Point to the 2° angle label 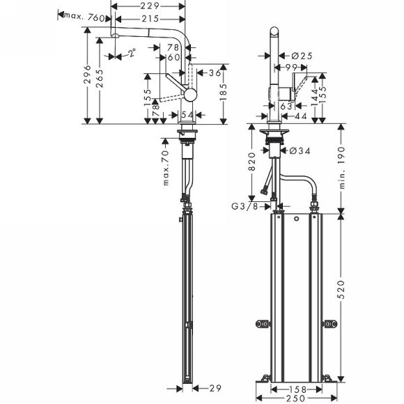pos(130,52)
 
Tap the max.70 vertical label pos(166,168)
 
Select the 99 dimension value pos(290,68)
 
